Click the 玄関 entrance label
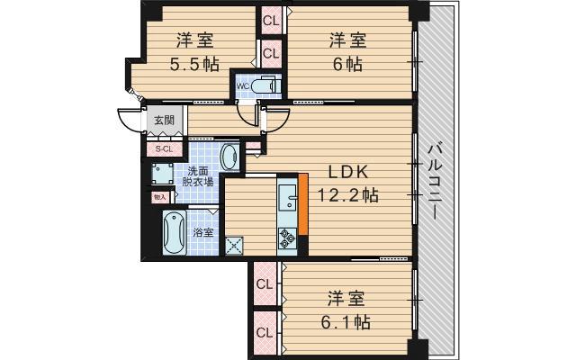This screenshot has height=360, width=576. pos(164,119)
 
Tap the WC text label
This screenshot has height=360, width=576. pos(243,86)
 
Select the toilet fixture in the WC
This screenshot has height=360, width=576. pos(265,86)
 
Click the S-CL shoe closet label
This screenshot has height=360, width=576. pos(165,149)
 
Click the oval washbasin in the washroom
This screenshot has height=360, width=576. pos(229,156)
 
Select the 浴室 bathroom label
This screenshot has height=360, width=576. pos(204,233)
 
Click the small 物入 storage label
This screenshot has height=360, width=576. pos(159,194)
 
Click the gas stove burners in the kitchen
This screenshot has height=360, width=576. pos(288,238)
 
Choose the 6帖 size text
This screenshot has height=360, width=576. pos(346,65)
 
